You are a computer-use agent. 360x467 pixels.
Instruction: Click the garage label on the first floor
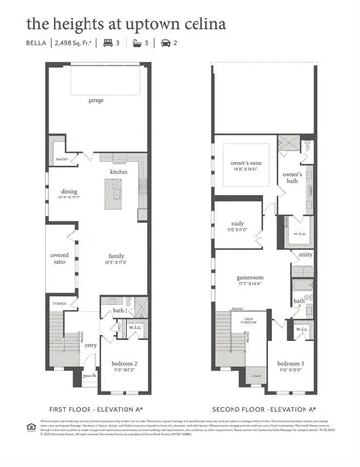[x=96, y=100]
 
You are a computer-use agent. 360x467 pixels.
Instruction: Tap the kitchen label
[x=119, y=171]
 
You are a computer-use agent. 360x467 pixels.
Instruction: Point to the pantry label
[x=60, y=158]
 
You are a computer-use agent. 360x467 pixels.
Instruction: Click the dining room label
[x=68, y=193]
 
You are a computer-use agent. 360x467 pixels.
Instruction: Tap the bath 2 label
[x=120, y=310]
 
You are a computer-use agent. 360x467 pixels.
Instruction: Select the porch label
[x=90, y=375]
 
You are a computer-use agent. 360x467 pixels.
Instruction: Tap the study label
[x=237, y=223]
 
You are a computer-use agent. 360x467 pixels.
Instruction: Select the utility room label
[x=305, y=254]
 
